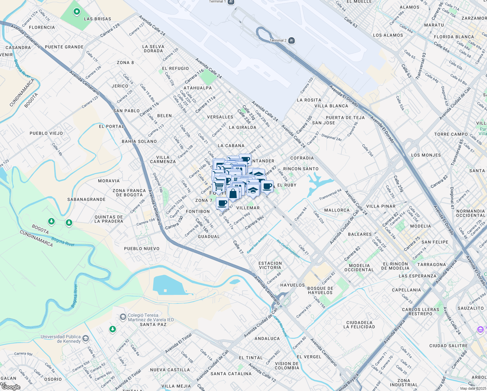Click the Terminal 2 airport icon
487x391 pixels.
tap(291, 40)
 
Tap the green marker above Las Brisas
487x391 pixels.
tap(77, 12)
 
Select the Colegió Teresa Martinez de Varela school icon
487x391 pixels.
tap(123, 317)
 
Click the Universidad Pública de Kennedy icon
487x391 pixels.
tap(85, 339)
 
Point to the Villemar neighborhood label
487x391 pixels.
tap(248, 208)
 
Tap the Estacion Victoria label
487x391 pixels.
tap(270, 265)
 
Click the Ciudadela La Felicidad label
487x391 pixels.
tap(361, 325)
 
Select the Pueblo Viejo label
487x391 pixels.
tap(46, 133)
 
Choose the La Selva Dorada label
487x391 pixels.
tap(153, 49)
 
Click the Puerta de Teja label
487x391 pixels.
tap(345, 118)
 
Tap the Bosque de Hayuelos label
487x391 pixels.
tap(320, 290)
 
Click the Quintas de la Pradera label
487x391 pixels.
tap(109, 219)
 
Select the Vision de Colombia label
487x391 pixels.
tap(287, 366)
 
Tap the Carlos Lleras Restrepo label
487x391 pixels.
tap(421, 311)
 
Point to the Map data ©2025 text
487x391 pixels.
tap(473, 388)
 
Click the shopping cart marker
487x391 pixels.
tap(219, 186)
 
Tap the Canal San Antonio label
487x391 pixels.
tap(257, 243)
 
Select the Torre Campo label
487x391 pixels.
tap(451, 134)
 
